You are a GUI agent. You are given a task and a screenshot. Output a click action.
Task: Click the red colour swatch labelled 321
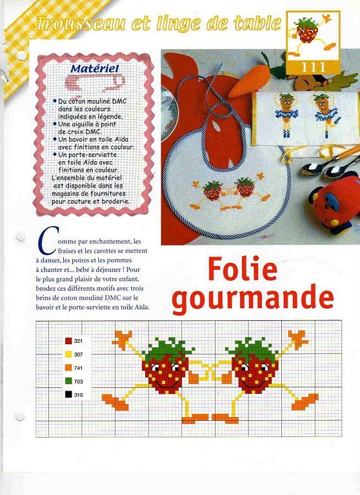(x=68, y=341)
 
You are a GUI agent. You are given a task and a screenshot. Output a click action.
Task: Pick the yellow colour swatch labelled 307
(x=68, y=354)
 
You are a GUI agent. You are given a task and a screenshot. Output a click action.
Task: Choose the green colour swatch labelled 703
(x=68, y=381)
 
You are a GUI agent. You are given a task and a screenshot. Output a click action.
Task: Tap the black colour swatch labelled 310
(x=68, y=394)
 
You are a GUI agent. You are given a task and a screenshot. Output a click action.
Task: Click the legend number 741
(x=79, y=367)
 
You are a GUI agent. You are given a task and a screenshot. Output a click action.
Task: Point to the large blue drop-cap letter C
(x=44, y=241)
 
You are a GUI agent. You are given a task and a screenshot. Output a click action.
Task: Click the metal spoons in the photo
(x=326, y=168)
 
